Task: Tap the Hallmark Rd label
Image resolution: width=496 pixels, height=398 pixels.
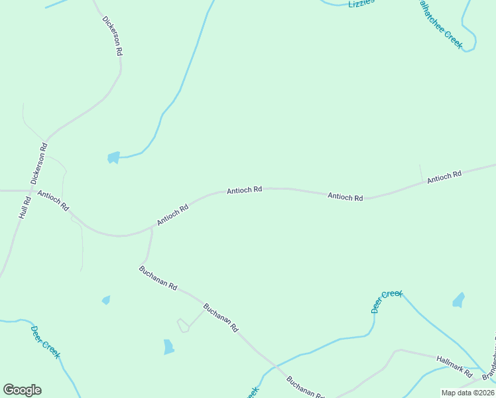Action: coord(454,362)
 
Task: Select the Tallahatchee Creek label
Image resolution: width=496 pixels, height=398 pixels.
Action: coord(438,23)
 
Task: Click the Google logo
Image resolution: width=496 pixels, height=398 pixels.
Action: coord(22,390)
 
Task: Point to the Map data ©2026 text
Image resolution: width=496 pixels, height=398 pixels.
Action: coord(467,393)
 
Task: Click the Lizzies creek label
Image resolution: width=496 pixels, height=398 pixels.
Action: coord(361,3)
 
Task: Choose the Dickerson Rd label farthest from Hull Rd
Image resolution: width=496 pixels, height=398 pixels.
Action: coord(113,35)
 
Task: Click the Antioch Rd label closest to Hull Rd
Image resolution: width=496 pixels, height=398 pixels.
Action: coord(53,200)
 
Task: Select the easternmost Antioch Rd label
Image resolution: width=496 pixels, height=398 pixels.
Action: coord(444,177)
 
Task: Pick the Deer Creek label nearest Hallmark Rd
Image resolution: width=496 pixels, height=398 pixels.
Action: coord(387,301)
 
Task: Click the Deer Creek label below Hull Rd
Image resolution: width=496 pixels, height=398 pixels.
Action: coord(46,341)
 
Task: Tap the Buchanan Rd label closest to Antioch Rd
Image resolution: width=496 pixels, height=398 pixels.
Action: coord(158,278)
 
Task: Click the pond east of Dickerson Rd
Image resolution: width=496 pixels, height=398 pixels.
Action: coord(113,157)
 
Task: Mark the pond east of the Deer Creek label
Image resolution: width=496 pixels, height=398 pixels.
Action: coord(458,300)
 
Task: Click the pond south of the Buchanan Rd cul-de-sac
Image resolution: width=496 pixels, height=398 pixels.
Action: coord(168,346)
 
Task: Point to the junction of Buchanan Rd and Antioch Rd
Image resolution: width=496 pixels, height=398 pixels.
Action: coord(153,228)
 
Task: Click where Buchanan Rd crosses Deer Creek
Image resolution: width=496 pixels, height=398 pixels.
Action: coord(273,366)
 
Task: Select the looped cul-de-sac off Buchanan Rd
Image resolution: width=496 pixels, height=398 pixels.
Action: coord(182,325)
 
